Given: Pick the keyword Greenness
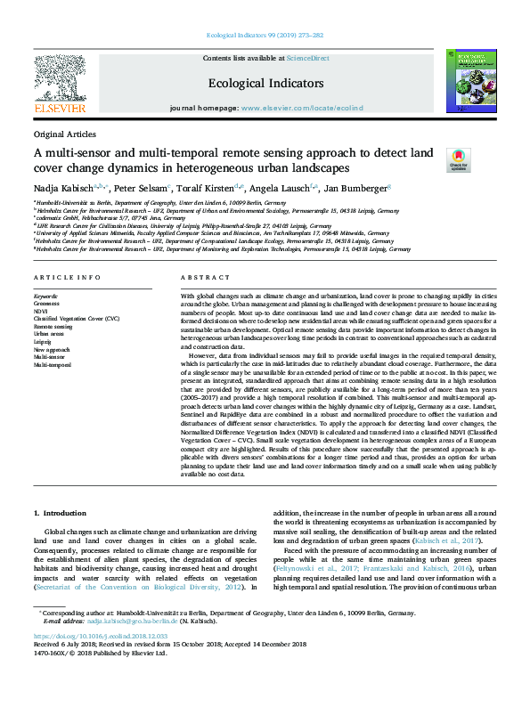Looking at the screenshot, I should [x=48, y=303].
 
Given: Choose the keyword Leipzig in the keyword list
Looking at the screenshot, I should [x=44, y=340].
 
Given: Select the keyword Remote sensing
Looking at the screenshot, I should [x=53, y=326].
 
